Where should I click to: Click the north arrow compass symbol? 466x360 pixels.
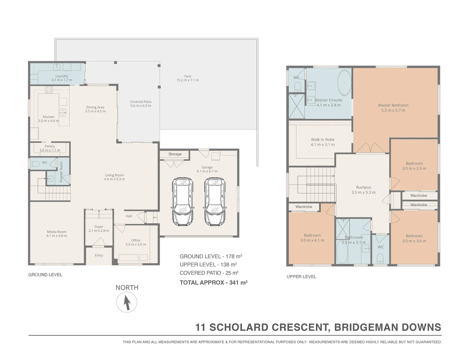coord(127,302)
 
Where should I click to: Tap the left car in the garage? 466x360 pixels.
coord(182,201)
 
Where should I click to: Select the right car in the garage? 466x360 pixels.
coord(215,201)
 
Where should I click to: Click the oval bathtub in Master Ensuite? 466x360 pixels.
coord(344,83)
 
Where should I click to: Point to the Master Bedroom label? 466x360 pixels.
coord(393,105)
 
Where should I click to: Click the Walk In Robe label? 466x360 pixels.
coord(322,140)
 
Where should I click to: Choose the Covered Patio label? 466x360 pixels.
coord(141,102)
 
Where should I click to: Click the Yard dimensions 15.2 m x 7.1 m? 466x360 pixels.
coord(188,80)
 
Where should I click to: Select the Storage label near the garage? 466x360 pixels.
coord(175,154)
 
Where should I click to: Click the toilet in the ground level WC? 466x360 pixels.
coord(35,164)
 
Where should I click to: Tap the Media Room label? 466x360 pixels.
coord(57,232)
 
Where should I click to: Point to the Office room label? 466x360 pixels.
coord(136,240)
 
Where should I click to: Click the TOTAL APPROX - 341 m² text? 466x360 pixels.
coord(213,283)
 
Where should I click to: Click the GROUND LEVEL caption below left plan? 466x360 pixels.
coord(45,275)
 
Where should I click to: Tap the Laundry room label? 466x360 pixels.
coord(62,76)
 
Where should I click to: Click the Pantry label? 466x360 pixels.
coord(50,146)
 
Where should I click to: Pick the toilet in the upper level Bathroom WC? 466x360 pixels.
coord(380,258)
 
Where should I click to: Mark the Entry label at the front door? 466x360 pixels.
coord(99,255)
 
